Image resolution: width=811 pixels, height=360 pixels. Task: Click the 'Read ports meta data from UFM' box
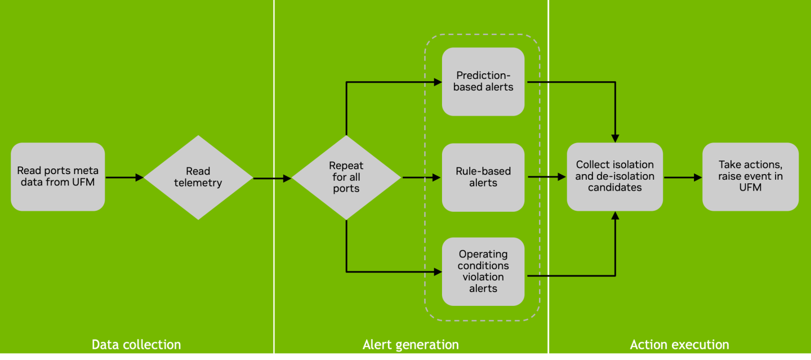point(57,177)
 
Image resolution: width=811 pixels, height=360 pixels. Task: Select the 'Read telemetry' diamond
point(198,177)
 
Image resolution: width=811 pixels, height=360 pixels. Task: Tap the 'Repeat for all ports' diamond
point(346,177)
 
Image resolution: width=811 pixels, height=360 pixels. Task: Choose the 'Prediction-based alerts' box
point(483,82)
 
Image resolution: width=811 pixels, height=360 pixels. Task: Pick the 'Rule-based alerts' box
point(483,177)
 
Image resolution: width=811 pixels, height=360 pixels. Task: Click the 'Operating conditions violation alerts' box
point(483,272)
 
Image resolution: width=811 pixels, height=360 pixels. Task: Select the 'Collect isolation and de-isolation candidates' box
point(614,176)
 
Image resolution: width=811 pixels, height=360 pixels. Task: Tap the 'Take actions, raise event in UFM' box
point(750,176)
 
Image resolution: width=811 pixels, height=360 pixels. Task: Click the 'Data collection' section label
point(136,344)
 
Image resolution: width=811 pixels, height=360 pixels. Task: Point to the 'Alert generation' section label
point(411,344)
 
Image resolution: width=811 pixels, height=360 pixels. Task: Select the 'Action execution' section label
point(679,344)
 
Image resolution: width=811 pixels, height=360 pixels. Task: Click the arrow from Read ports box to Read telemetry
point(124,177)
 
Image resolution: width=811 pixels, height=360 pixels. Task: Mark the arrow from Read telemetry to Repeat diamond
point(272,178)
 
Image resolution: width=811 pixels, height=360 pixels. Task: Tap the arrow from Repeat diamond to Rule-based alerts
point(421,177)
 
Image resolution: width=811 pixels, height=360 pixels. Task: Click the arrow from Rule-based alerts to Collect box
point(546,177)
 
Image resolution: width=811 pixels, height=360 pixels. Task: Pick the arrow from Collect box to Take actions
point(683,177)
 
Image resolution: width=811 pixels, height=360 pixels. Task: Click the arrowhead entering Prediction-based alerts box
point(438,82)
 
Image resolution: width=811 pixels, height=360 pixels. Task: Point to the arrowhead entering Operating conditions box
point(438,272)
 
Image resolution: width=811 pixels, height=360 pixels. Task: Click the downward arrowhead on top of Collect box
point(615,138)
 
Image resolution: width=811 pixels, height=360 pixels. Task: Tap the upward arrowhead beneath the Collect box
point(615,216)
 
